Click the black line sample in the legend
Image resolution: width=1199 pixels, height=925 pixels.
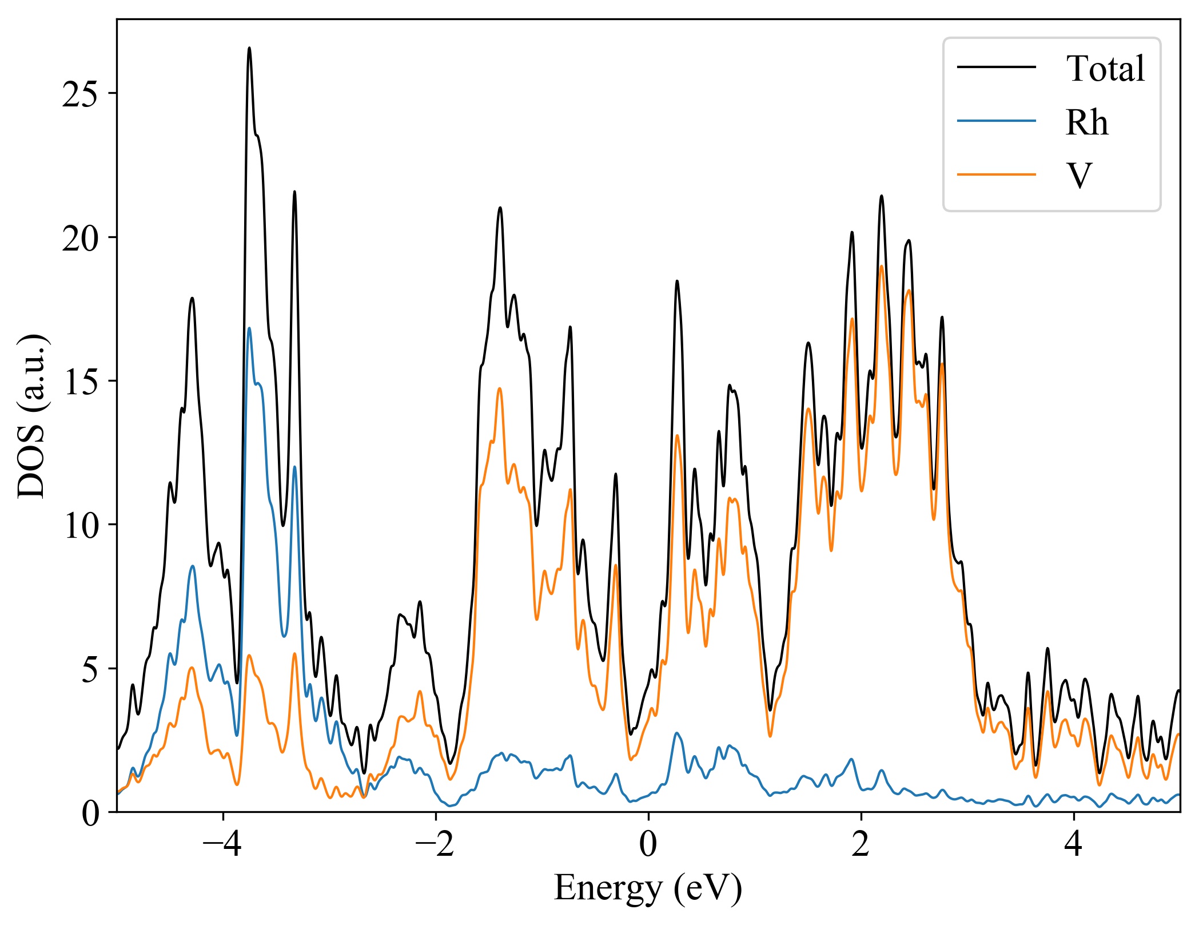coord(997,67)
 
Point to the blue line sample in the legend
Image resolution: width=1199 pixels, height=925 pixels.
coord(997,120)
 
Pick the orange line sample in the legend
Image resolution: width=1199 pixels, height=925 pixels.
coord(997,173)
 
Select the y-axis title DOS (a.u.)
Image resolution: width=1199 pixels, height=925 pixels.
coord(32,415)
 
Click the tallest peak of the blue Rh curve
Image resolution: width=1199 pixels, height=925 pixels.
coord(249,328)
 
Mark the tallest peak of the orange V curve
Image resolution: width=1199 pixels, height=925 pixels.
coord(882,266)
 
